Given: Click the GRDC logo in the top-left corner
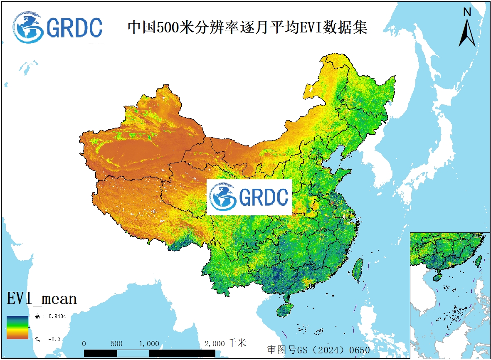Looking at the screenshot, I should (x=57, y=27).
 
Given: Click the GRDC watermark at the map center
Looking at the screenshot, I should (x=249, y=197).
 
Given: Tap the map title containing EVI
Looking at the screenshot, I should (x=247, y=27).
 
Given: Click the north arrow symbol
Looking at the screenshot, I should (x=467, y=32).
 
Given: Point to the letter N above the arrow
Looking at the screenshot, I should (x=467, y=12).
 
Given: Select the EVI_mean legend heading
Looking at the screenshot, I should (x=42, y=298).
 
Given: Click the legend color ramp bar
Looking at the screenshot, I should (x=17, y=328).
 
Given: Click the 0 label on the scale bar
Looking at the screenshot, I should (x=84, y=344).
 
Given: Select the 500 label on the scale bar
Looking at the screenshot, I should (x=117, y=344).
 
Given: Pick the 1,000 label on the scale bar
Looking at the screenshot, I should (x=149, y=344).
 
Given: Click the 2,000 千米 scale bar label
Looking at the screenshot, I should (x=225, y=343).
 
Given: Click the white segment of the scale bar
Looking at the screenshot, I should (x=133, y=353).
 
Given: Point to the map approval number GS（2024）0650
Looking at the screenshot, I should (x=318, y=350).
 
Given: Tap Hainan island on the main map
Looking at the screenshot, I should (x=285, y=310).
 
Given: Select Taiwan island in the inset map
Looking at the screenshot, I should (x=478, y=261).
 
